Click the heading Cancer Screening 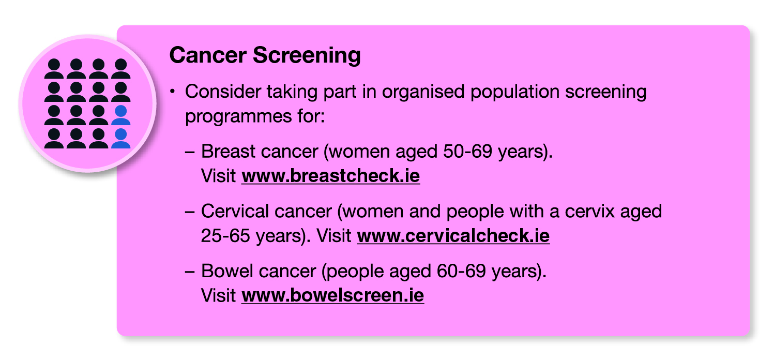pyautogui.click(x=265, y=55)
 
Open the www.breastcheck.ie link pyautogui.click(x=331, y=176)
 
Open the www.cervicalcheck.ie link pyautogui.click(x=453, y=235)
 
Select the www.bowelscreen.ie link pyautogui.click(x=333, y=295)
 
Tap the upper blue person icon pyautogui.click(x=120, y=115)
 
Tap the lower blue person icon pyautogui.click(x=120, y=138)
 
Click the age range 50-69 pyautogui.click(x=467, y=152)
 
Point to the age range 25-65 pyautogui.click(x=225, y=236)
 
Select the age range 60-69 pyautogui.click(x=461, y=271)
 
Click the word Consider pyautogui.click(x=223, y=92)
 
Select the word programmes pyautogui.click(x=238, y=117)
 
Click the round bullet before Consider pyautogui.click(x=172, y=92)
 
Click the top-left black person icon pyautogui.click(x=54, y=68)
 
